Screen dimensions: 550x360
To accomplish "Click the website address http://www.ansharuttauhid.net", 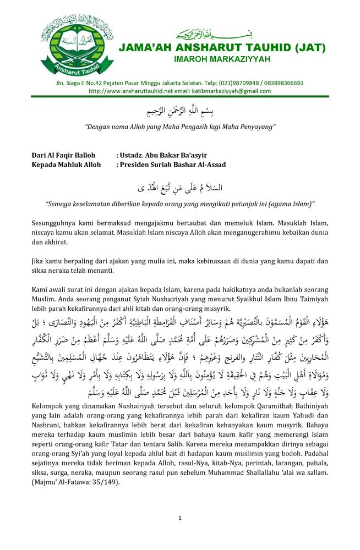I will [x=132, y=91].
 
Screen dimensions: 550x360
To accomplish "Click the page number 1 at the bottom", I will [x=179, y=518].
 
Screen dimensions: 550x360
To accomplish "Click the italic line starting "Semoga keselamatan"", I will [x=179, y=204].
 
